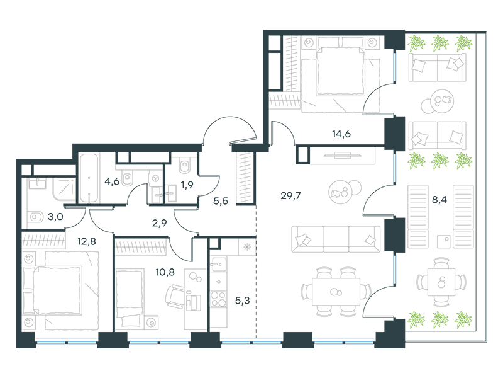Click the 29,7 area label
[290, 195]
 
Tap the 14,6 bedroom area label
[341, 134]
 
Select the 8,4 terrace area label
[439, 200]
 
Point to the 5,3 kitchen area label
[242, 301]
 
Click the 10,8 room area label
[165, 272]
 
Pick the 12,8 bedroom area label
[87, 241]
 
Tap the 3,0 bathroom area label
[55, 217]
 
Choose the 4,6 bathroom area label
[112, 181]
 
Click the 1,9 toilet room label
[187, 185]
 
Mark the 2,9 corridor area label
[160, 223]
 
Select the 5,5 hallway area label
[221, 201]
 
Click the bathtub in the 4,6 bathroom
[89, 178]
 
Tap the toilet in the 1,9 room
[184, 165]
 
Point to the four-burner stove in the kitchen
[218, 299]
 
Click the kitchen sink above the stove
[218, 265]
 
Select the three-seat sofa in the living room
[336, 239]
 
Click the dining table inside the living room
[336, 292]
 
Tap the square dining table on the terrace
[441, 282]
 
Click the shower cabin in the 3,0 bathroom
[64, 187]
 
